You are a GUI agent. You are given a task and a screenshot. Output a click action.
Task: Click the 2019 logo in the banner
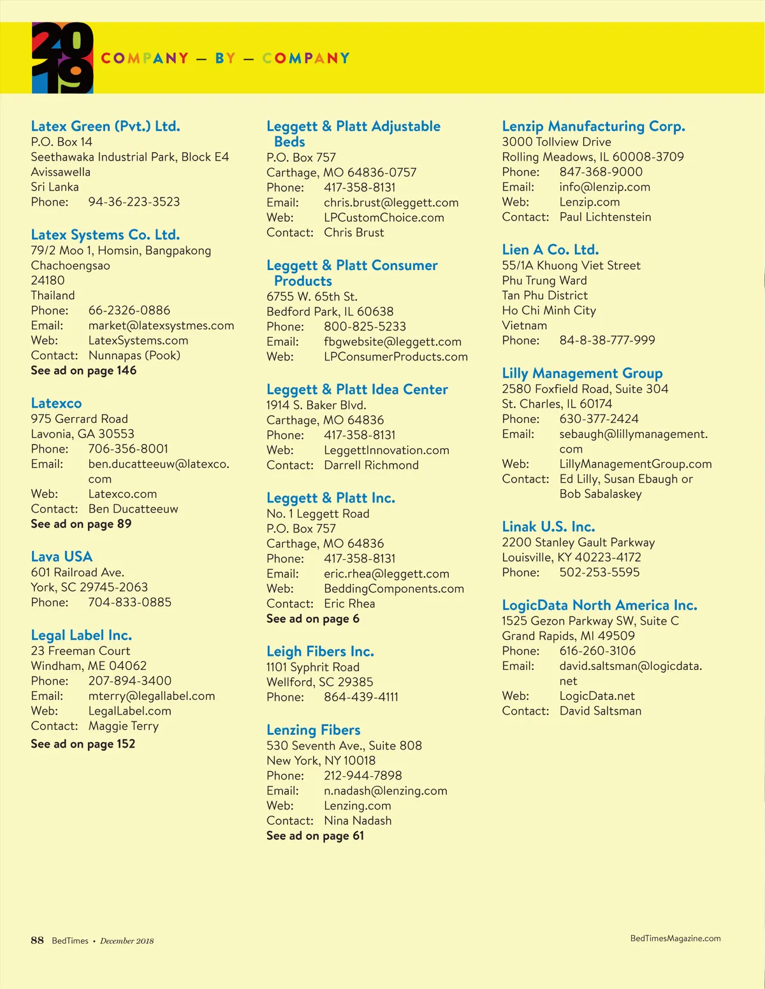(x=62, y=58)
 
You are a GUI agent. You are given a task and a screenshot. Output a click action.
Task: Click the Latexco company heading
(x=56, y=403)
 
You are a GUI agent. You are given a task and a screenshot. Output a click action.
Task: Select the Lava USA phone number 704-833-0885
(x=129, y=602)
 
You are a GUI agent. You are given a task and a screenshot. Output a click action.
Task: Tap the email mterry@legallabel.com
(x=151, y=696)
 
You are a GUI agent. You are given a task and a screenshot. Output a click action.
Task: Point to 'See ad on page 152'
(x=83, y=744)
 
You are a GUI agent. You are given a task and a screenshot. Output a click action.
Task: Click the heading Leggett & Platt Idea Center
(x=357, y=389)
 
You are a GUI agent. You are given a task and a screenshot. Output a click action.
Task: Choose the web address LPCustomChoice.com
(x=384, y=218)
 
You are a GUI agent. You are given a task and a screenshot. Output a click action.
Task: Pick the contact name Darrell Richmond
(x=371, y=466)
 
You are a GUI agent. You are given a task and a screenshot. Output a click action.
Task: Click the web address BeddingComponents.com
(x=393, y=589)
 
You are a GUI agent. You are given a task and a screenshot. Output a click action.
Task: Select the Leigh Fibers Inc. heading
(x=320, y=651)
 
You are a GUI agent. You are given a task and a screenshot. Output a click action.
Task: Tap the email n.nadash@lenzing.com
(x=385, y=791)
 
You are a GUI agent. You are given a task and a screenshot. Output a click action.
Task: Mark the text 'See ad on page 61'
(x=315, y=836)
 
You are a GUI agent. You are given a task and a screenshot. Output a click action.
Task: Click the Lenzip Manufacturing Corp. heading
(x=593, y=126)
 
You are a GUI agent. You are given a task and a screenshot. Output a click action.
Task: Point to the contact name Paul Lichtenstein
(x=605, y=217)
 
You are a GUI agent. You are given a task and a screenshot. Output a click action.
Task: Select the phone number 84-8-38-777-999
(x=607, y=341)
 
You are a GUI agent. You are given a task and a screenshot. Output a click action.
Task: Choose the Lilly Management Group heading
(x=582, y=373)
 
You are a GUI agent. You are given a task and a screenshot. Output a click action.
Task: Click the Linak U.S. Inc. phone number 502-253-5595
(x=599, y=573)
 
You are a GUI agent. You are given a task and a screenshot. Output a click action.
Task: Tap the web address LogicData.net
(x=597, y=696)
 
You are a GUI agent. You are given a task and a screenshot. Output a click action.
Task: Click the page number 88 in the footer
(x=37, y=941)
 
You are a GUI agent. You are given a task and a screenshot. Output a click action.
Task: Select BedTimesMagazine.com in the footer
(x=675, y=939)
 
